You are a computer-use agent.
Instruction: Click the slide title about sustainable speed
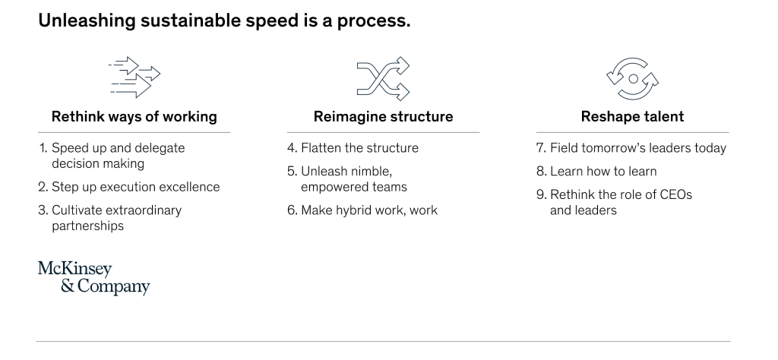click(x=224, y=21)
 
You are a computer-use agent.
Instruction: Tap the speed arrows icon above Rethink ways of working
click(x=134, y=77)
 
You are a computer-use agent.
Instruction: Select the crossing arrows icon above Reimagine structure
click(x=383, y=78)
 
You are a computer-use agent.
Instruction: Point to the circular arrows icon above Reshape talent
click(x=632, y=78)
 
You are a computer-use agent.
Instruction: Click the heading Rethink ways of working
click(x=134, y=116)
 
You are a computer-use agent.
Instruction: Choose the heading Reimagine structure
click(x=383, y=116)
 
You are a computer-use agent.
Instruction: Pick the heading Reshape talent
click(x=632, y=116)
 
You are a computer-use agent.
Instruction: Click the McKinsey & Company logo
click(x=93, y=278)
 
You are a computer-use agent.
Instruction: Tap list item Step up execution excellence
click(x=129, y=187)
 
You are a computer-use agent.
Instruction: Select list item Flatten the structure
click(x=353, y=148)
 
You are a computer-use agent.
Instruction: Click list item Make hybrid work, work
click(x=362, y=210)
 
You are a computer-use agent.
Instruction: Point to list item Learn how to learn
click(x=596, y=171)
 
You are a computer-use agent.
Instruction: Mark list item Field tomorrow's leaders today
click(x=631, y=148)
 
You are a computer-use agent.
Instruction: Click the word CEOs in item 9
click(x=675, y=194)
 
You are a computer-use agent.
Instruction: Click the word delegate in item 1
click(x=160, y=149)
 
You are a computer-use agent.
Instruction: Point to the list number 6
click(x=292, y=210)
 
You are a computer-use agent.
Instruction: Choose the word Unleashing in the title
click(x=87, y=21)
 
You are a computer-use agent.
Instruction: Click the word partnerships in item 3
click(x=88, y=226)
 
